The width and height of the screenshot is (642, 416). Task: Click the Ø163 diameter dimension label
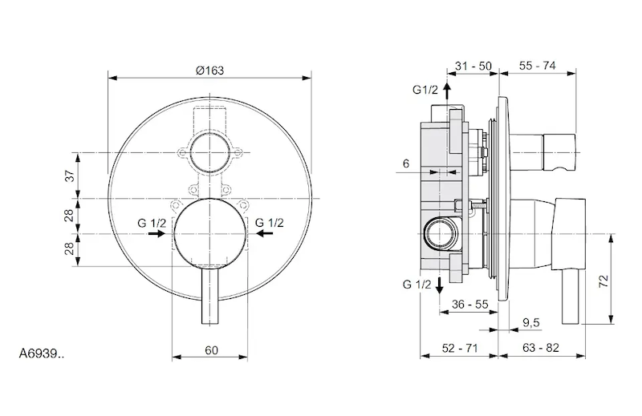209,71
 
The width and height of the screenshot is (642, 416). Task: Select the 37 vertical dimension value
71,176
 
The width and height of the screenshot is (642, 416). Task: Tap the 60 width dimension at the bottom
211,350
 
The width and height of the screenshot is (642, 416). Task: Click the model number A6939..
42,353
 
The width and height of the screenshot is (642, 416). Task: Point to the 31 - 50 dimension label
473,66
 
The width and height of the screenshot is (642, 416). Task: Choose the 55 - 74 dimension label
537,66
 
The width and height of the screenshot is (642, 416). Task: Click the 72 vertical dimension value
604,281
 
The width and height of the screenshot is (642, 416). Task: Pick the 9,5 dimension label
531,323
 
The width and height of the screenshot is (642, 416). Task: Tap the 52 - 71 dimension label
460,348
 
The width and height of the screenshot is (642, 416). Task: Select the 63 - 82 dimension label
540,348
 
